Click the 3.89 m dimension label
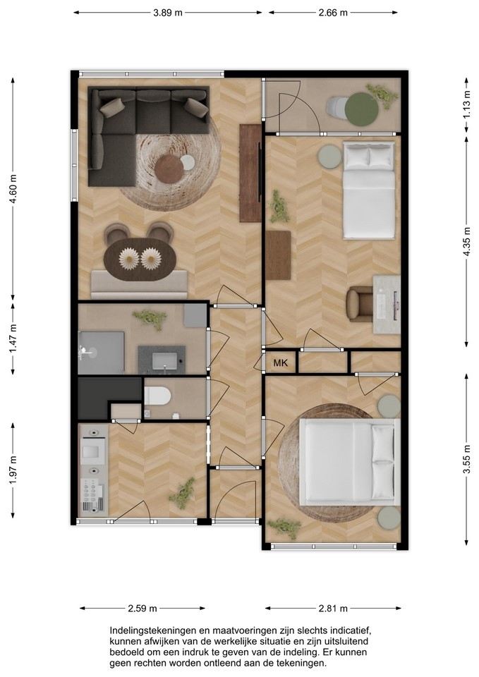point(168,13)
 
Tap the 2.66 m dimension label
point(333,13)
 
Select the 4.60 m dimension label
point(13,189)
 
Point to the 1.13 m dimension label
point(466,104)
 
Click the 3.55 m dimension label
point(466,458)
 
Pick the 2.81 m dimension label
point(333,609)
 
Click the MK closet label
point(280,362)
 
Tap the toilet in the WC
point(157,396)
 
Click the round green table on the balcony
point(361,110)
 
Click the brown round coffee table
point(169,169)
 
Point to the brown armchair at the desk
point(360,304)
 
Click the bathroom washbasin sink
point(164,360)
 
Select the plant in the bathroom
point(150,318)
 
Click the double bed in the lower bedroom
point(349,461)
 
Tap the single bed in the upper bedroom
point(369,190)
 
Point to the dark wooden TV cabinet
point(250,173)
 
